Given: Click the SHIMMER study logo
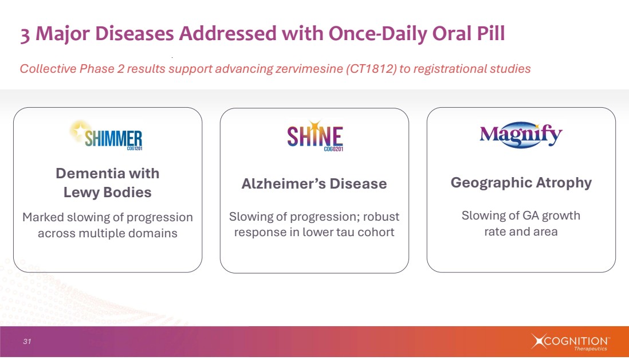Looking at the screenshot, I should (107, 136).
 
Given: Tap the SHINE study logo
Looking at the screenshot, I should (314, 138).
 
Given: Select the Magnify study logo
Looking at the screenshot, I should (521, 136).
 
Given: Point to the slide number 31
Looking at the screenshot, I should (27, 342).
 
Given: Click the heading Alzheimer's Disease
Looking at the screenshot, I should (314, 184).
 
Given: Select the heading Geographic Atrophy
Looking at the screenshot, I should (521, 183).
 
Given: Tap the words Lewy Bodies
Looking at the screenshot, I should (107, 193).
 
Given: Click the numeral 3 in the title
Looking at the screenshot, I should (26, 35).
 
